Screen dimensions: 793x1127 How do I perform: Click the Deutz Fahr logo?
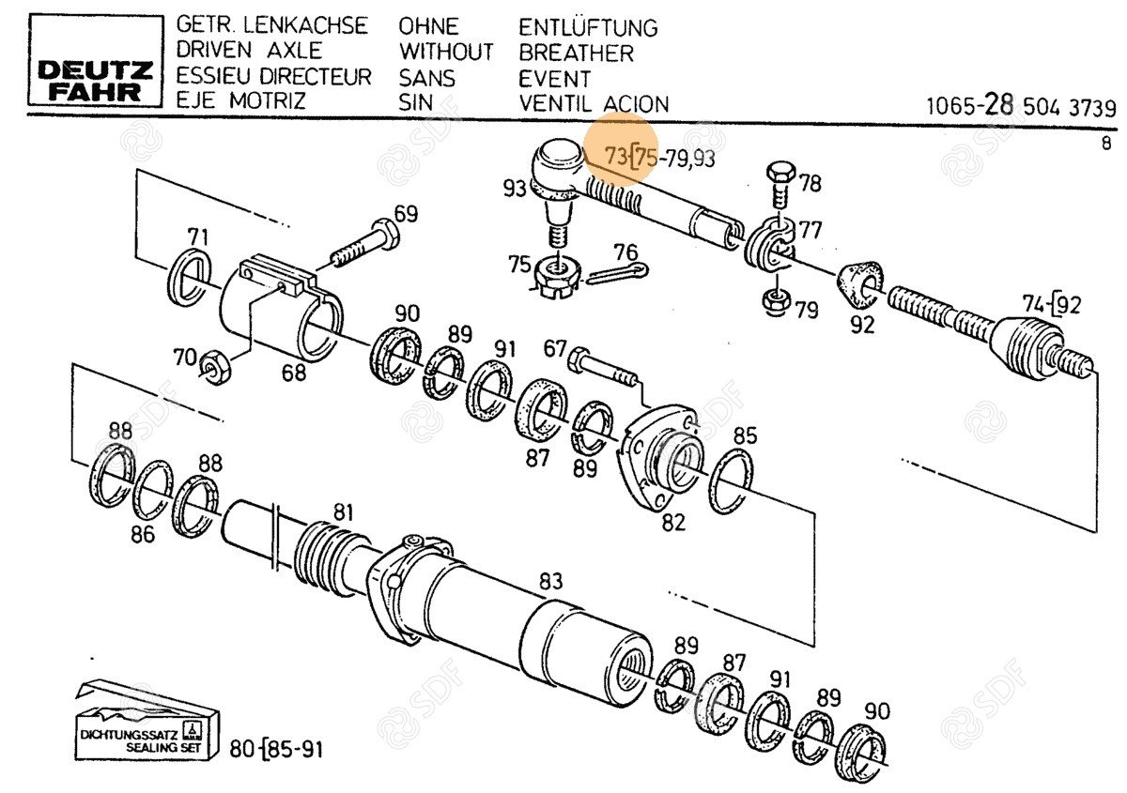click(x=95, y=80)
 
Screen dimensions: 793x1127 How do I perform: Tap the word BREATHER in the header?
click(x=576, y=53)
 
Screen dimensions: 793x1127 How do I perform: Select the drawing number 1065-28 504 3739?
click(x=1020, y=106)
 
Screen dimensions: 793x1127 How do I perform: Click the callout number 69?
click(x=406, y=213)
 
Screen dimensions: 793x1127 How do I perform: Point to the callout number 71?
click(x=198, y=236)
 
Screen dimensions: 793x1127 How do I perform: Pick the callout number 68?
click(x=294, y=373)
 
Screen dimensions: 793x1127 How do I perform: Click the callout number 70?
click(x=185, y=358)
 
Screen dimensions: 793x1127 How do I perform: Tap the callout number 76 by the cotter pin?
click(x=625, y=252)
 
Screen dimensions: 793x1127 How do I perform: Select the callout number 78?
click(x=809, y=183)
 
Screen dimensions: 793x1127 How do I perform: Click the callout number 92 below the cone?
click(x=861, y=325)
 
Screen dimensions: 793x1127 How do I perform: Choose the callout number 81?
click(x=345, y=512)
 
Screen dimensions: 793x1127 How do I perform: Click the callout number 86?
click(x=143, y=535)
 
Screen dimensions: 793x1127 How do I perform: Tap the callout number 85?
click(x=745, y=435)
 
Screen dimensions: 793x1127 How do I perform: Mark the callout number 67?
click(x=555, y=349)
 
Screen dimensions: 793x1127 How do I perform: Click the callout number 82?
click(x=673, y=523)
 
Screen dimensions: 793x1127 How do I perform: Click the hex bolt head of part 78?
click(x=780, y=174)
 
